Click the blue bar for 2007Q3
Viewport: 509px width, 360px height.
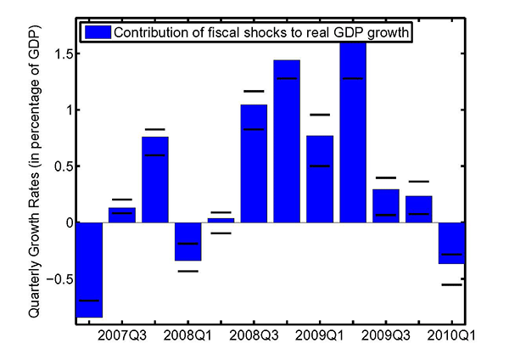point(122,215)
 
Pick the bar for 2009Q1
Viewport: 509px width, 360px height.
point(320,178)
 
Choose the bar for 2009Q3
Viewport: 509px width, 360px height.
point(386,205)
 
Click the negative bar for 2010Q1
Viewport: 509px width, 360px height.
point(451,243)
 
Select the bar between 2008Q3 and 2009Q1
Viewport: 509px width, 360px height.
point(287,141)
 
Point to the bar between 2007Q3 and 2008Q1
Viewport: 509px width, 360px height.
point(155,179)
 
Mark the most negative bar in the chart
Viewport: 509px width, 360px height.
point(89,269)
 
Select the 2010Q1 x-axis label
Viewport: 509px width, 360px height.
point(451,335)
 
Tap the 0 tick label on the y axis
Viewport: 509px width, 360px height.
point(64,222)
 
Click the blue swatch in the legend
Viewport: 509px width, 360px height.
point(96,32)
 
